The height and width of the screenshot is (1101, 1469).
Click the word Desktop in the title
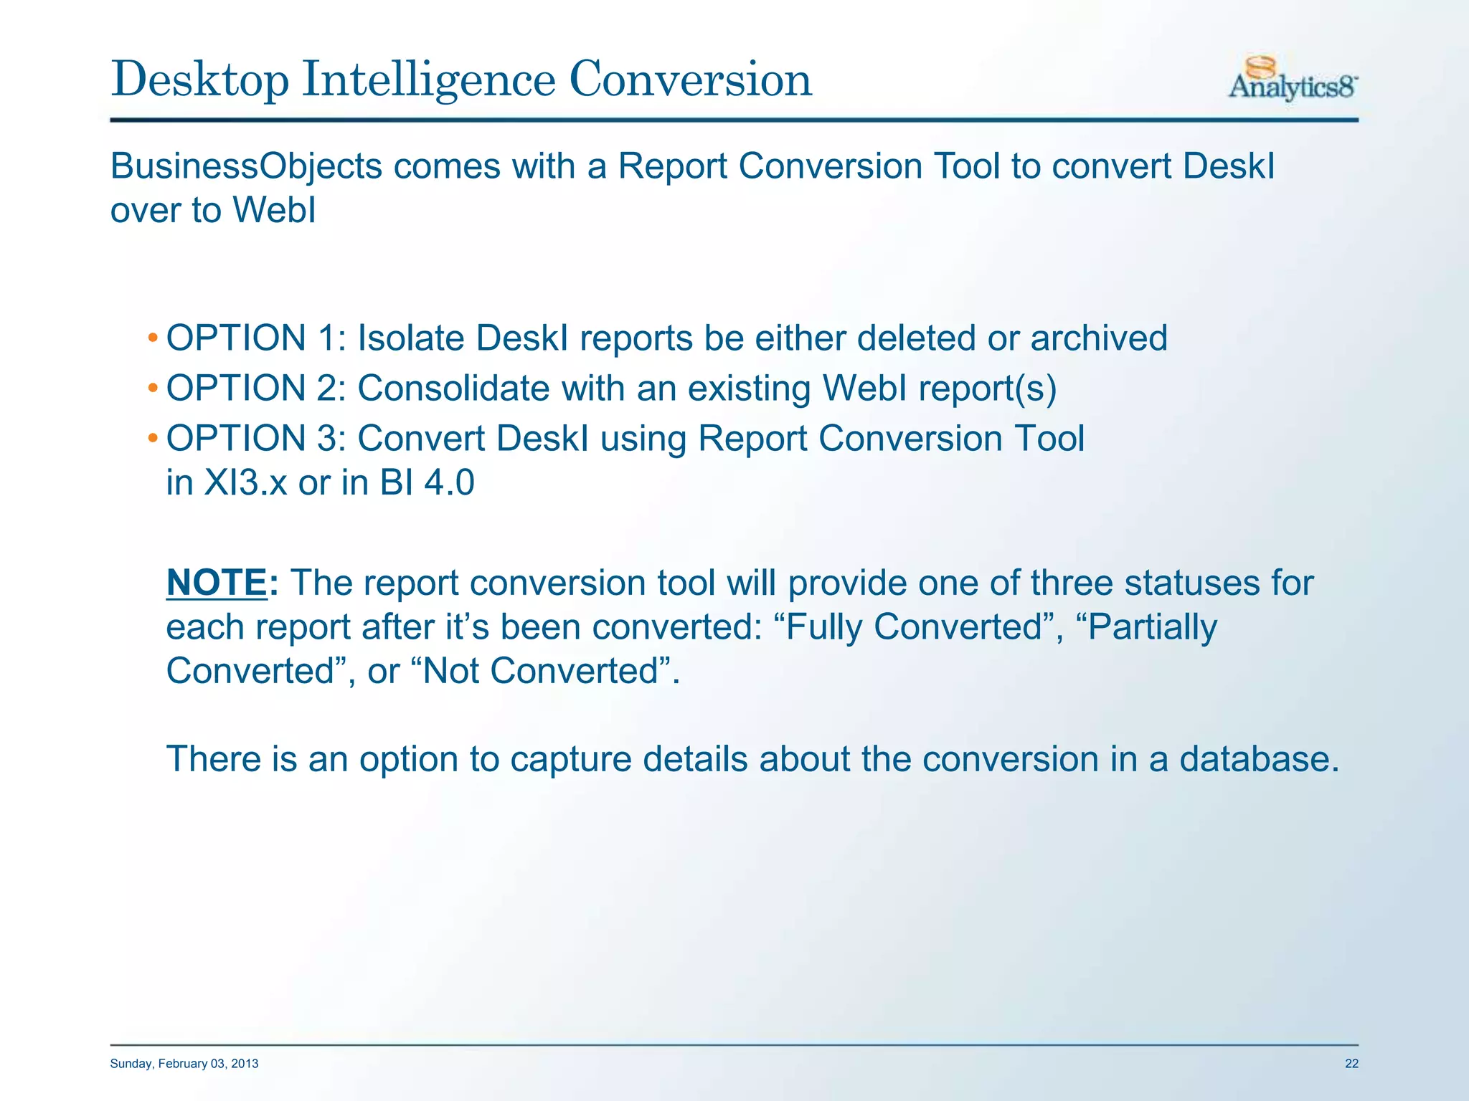pyautogui.click(x=199, y=80)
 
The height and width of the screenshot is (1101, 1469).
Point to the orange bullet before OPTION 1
pyautogui.click(x=152, y=338)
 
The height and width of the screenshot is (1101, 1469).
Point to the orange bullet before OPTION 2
pyautogui.click(x=152, y=389)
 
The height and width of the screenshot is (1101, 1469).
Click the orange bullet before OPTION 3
pyautogui.click(x=152, y=439)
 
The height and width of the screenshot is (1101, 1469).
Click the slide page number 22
pyautogui.click(x=1351, y=1064)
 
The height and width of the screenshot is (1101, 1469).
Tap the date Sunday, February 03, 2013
pyautogui.click(x=184, y=1064)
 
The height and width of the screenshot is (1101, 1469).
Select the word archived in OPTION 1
pyautogui.click(x=1099, y=338)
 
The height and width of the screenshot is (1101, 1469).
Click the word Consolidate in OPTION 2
pyautogui.click(x=453, y=389)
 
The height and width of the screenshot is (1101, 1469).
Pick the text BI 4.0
pyautogui.click(x=428, y=482)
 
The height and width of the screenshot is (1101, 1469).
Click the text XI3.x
pyautogui.click(x=245, y=482)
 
